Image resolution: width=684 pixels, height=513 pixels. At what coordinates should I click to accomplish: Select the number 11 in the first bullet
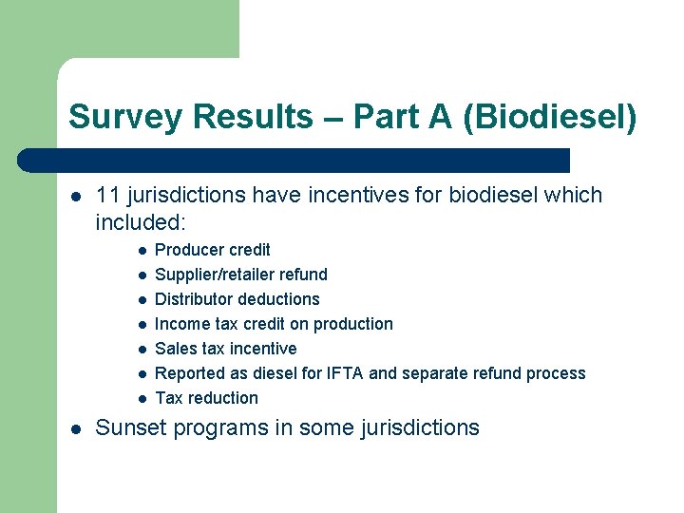(107, 195)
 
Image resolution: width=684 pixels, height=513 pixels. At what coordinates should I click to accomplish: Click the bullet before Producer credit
(140, 251)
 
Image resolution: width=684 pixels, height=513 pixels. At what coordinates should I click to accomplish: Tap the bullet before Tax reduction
(140, 399)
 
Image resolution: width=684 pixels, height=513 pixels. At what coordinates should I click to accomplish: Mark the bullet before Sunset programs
(75, 428)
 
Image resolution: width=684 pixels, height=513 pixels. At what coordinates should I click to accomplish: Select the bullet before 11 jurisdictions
(75, 196)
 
